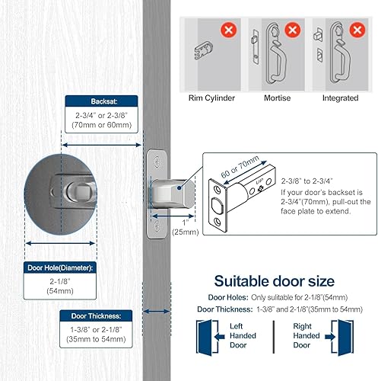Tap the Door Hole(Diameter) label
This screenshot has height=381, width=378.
[62, 268]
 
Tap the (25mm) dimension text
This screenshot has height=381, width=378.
[181, 231]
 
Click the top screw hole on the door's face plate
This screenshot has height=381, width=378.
[156, 162]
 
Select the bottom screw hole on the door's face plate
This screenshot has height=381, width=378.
[156, 226]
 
